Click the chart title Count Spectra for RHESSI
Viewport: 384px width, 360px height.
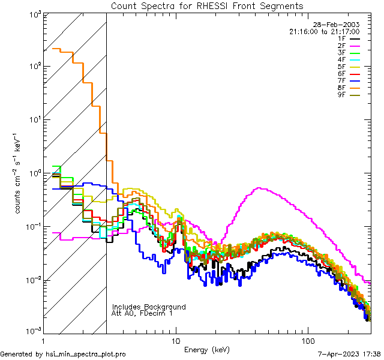[207, 5]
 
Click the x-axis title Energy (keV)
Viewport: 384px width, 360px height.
[207, 349]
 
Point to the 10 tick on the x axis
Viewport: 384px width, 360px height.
[176, 341]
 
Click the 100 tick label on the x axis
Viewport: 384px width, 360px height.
[308, 341]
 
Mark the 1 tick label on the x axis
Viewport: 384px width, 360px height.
[43, 341]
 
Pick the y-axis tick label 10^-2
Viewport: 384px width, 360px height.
[31, 280]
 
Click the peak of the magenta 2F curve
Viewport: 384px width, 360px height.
[259, 188]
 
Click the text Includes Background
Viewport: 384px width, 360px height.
[149, 307]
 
